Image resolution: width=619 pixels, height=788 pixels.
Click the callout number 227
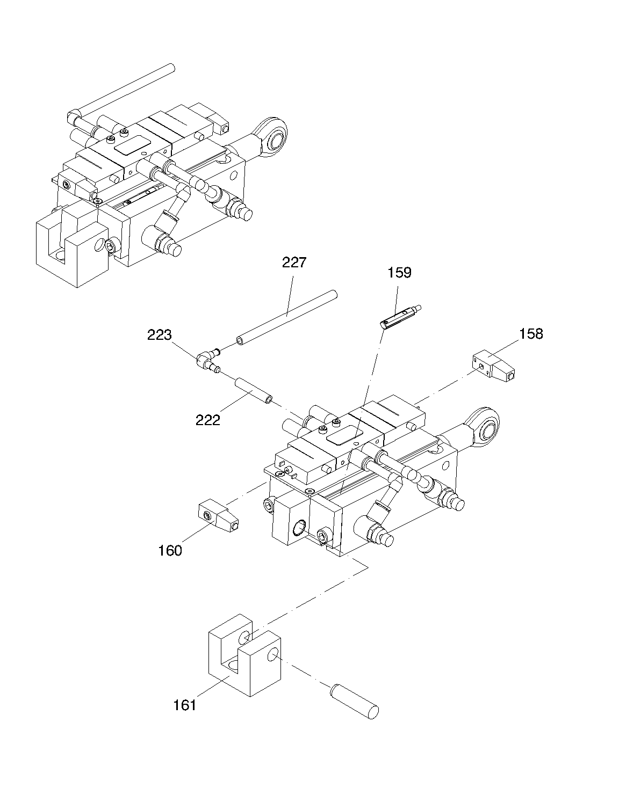294,262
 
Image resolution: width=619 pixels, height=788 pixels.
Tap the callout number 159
399,273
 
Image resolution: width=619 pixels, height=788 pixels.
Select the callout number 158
531,334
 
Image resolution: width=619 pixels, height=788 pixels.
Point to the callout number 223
159,335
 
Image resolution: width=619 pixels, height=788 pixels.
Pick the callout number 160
170,551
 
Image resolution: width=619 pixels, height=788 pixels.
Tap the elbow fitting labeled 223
208,361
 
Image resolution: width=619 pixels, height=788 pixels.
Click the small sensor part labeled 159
400,316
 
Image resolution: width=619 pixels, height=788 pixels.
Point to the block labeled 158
493,366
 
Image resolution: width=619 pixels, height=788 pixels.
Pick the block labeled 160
219,515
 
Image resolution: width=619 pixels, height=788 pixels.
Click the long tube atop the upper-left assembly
121,92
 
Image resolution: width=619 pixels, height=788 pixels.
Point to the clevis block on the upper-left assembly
73,246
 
